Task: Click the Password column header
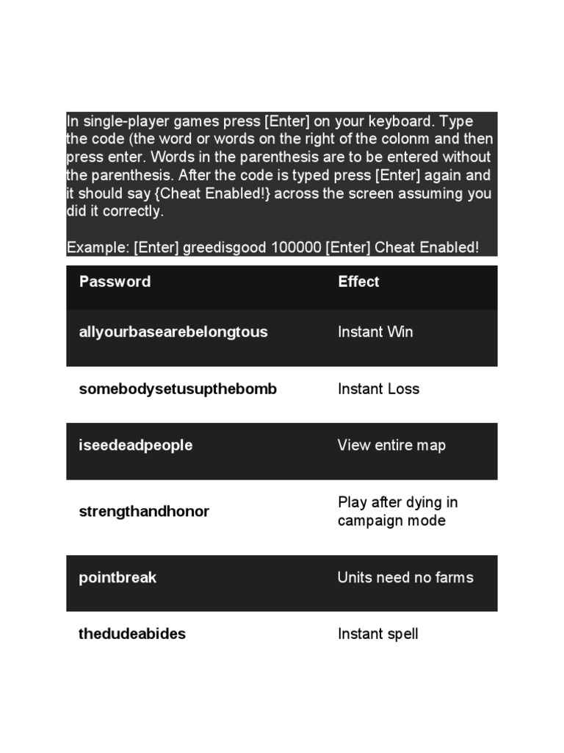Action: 115,282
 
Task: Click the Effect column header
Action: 358,282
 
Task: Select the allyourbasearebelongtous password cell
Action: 173,332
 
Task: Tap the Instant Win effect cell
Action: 375,332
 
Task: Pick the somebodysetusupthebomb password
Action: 178,389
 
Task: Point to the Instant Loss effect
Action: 378,389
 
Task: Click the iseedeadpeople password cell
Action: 135,446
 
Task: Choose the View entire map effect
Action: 391,446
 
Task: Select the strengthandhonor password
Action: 144,511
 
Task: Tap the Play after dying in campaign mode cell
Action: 397,511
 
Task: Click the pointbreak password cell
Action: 117,577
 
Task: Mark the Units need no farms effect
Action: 405,577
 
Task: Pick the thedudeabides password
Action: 132,634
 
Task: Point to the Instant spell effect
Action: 377,634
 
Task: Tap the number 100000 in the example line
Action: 297,248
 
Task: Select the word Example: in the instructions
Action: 98,248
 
